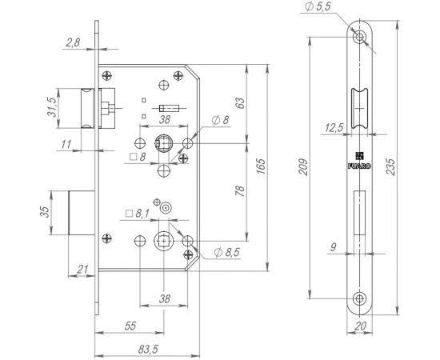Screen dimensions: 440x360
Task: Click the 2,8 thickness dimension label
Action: [x=73, y=42]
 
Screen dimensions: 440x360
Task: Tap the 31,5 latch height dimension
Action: [x=52, y=107]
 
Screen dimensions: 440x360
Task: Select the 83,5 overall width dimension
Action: [x=148, y=350]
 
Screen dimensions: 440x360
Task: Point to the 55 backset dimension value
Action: [x=130, y=326]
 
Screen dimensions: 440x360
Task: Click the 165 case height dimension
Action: [x=261, y=166]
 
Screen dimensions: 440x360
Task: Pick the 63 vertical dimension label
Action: [x=240, y=103]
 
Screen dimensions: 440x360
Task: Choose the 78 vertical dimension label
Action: [x=240, y=191]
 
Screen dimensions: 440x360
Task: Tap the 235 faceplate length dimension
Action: [x=390, y=166]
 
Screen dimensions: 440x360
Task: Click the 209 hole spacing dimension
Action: [x=303, y=167]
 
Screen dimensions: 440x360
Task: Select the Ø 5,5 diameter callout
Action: [x=318, y=6]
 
